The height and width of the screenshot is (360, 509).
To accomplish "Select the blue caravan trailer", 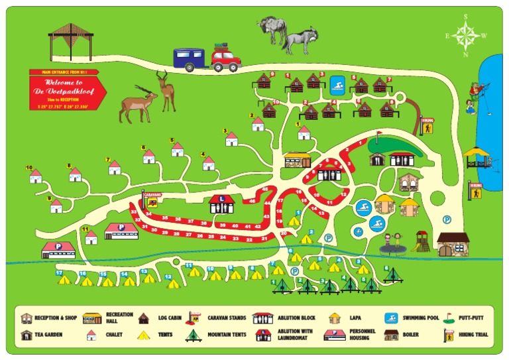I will pyautogui.click(x=190, y=58).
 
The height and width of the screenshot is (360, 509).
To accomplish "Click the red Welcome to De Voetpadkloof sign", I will pyautogui.click(x=68, y=90).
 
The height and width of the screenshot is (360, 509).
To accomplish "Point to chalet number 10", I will pyautogui.click(x=35, y=176).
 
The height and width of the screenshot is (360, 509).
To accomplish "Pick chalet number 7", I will pyautogui.click(x=115, y=167).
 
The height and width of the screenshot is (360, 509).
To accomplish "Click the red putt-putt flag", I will pyautogui.click(x=378, y=137).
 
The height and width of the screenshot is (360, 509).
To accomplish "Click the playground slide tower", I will pyautogui.click(x=422, y=241).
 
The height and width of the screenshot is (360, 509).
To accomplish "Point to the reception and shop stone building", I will pyautogui.click(x=453, y=244).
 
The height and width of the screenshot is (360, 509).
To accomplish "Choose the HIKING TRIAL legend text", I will pyautogui.click(x=473, y=335).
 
